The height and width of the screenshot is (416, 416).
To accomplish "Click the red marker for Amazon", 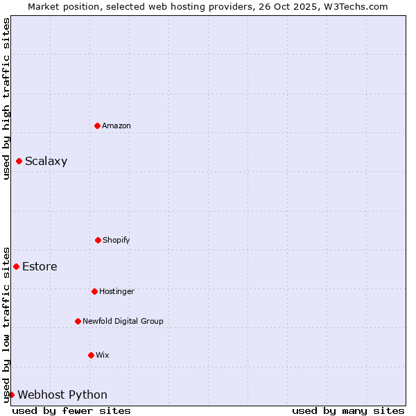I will (97, 125).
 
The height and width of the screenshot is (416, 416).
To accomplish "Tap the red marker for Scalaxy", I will (19, 162).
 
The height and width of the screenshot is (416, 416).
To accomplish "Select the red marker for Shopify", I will (98, 240).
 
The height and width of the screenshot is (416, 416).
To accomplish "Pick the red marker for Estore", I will (16, 266).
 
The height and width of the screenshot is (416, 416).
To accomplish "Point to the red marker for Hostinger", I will (94, 291).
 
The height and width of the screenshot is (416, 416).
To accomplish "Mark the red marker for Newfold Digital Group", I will (78, 321).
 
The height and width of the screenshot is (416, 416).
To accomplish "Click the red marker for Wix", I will (91, 355).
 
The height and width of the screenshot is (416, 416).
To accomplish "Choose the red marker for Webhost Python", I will (11, 395).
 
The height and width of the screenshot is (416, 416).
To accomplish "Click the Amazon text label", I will (116, 125).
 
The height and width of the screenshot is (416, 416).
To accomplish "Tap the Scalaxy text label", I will (46, 162).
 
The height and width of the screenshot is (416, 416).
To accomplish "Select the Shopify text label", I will (116, 240).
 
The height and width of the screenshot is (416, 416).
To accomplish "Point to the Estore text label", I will (40, 266).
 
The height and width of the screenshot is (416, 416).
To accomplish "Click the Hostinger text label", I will (116, 291).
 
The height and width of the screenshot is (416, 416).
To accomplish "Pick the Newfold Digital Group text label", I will (123, 321).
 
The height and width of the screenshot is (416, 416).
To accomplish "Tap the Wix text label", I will (103, 355).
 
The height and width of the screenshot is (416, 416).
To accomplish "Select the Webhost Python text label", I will (62, 395).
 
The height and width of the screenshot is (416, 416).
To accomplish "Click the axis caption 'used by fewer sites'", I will (71, 410).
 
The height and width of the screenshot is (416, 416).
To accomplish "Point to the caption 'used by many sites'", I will (348, 410).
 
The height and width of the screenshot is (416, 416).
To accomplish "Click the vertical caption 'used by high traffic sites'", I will (6, 99).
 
